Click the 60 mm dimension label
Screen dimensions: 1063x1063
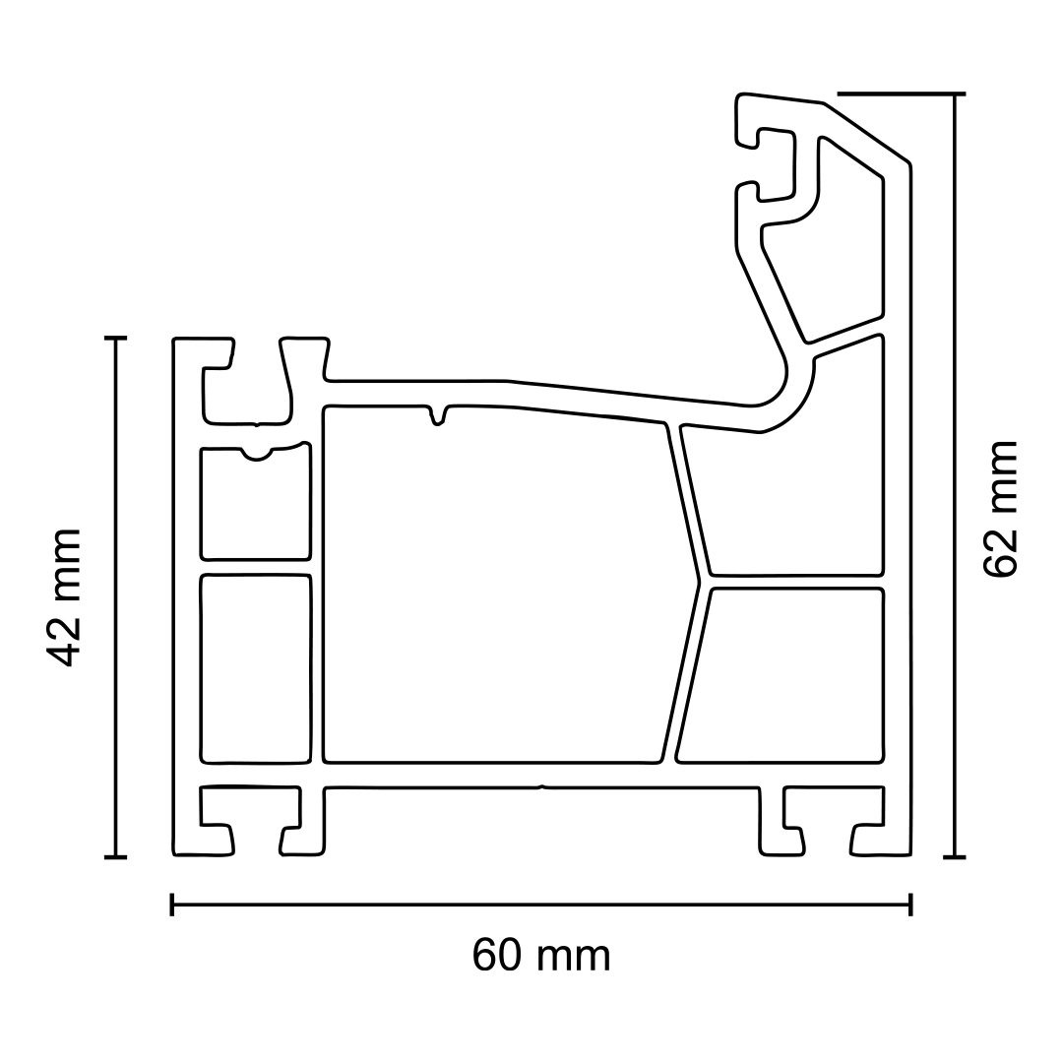click(541, 956)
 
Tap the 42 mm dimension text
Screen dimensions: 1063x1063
click(65, 597)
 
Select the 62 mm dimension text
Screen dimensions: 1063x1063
click(1001, 509)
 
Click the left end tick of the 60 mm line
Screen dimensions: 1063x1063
click(172, 905)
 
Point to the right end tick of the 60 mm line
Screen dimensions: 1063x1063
click(910, 905)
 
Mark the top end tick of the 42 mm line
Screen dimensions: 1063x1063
click(116, 339)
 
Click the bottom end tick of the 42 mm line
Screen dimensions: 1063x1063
click(116, 857)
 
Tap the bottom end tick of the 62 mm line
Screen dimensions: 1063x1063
click(954, 857)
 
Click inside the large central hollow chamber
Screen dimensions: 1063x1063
click(492, 591)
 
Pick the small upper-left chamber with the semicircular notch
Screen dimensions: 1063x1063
click(256, 507)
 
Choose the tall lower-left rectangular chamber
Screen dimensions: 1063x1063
click(256, 669)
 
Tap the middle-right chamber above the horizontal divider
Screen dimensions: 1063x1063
click(787, 502)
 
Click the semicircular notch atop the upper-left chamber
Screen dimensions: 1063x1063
click(257, 455)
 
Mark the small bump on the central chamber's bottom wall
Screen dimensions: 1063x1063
click(540, 786)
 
